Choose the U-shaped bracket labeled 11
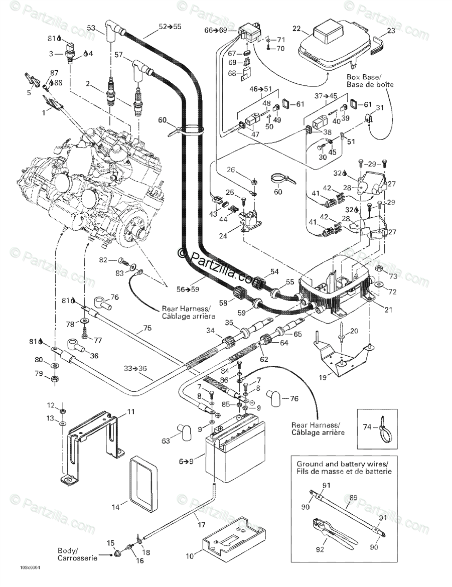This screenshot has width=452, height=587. [95, 436]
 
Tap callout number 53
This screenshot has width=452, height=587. [91, 28]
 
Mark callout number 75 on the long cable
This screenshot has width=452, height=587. [146, 328]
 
